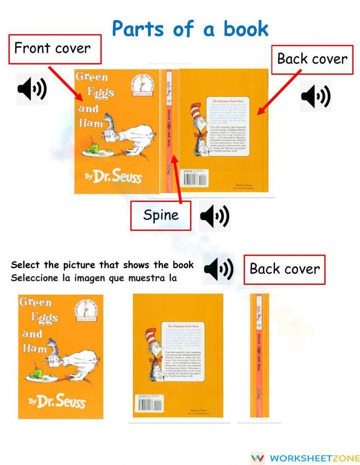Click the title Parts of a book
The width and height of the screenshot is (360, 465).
point(190,29)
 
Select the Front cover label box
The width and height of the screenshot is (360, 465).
point(55,49)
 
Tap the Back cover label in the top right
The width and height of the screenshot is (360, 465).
point(312,59)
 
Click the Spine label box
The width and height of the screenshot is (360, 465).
point(161,215)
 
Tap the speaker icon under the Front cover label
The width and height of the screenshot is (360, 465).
point(32,88)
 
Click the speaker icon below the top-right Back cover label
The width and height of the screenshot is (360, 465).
point(315,96)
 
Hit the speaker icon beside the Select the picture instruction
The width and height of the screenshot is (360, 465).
point(218,269)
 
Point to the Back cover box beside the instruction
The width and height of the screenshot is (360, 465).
point(284,269)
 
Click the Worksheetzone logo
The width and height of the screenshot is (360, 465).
point(305,458)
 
